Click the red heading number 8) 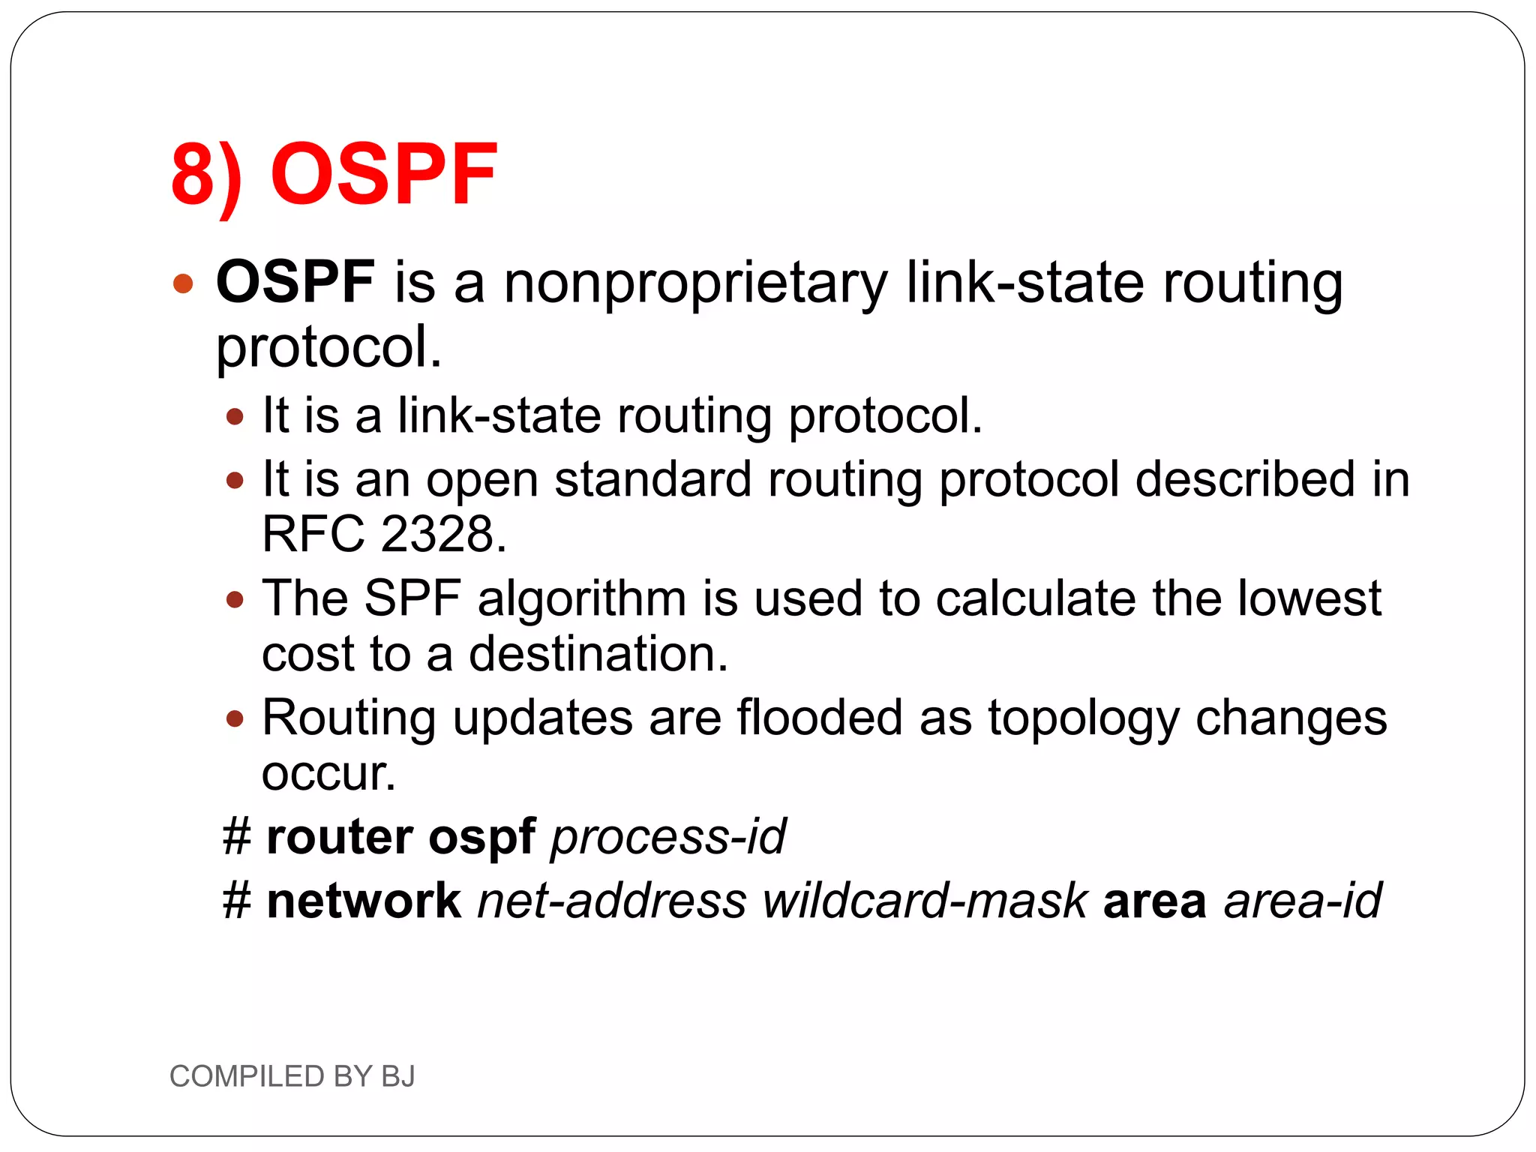pyautogui.click(x=206, y=175)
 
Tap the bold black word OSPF pyautogui.click(x=295, y=282)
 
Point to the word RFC pyautogui.click(x=313, y=535)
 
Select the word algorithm pyautogui.click(x=582, y=600)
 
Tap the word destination pyautogui.click(x=598, y=654)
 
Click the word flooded pyautogui.click(x=819, y=718)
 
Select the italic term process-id pyautogui.click(x=668, y=837)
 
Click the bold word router pyautogui.click(x=339, y=837)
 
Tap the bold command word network pyautogui.click(x=364, y=901)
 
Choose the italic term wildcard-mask pyautogui.click(x=925, y=901)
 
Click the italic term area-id pyautogui.click(x=1302, y=901)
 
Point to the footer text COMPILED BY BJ pyautogui.click(x=292, y=1076)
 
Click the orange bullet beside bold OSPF pyautogui.click(x=183, y=284)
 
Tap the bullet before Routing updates pyautogui.click(x=235, y=719)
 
